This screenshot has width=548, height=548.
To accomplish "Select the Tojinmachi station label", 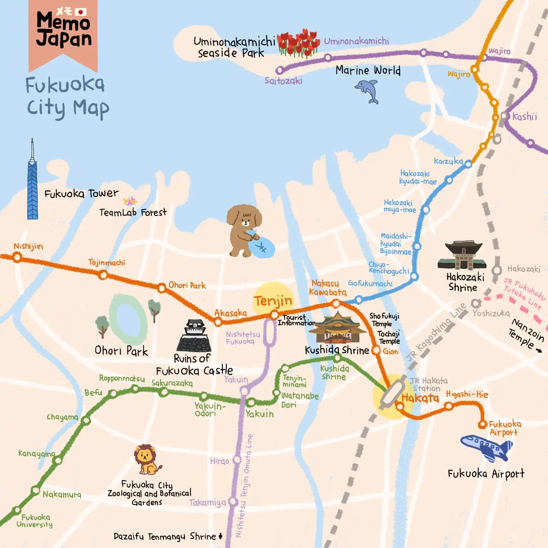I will tap(106, 262).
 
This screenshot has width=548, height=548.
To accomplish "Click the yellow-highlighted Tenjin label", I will tap(273, 301).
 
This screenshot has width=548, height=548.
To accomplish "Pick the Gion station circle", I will tap(376, 350).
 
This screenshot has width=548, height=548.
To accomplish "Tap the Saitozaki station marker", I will tap(280, 70).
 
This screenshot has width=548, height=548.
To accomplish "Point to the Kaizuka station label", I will tap(448, 161).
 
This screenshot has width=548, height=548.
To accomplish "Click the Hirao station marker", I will tap(237, 459).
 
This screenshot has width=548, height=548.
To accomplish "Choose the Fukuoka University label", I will tap(35, 521).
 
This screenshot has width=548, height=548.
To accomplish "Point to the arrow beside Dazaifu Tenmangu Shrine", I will tap(221, 536).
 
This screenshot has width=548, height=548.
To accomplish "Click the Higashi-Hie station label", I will tap(467, 394).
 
